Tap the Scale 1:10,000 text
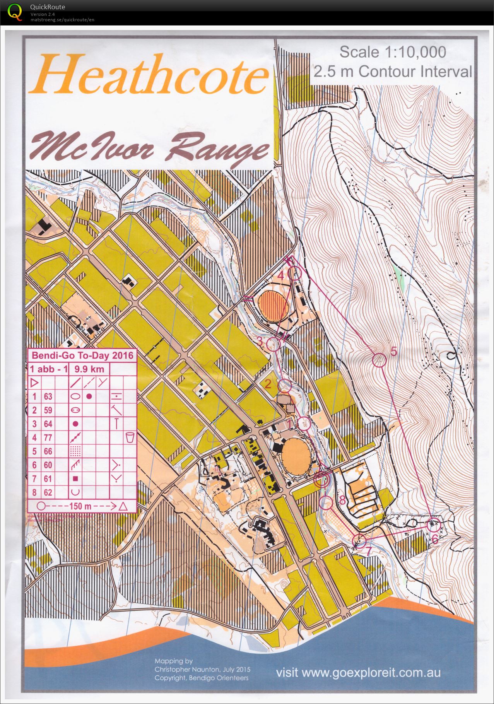(392, 52)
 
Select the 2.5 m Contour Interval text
(392, 72)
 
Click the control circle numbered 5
(379, 360)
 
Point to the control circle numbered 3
(273, 344)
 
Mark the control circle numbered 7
(359, 541)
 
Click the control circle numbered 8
(326, 502)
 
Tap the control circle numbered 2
(285, 385)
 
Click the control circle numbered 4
(295, 273)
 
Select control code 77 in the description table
(48, 437)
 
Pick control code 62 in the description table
(48, 492)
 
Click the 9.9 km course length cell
(89, 369)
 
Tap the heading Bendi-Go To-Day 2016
(82, 355)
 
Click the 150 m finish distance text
(80, 506)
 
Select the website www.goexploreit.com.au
(358, 672)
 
